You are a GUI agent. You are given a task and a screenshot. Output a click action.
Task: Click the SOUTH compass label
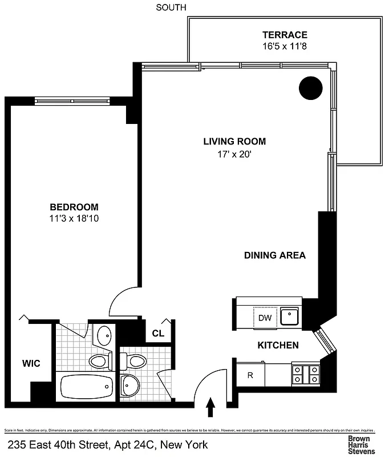coord(171,7)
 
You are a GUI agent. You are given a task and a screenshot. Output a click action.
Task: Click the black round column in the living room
coord(311,87)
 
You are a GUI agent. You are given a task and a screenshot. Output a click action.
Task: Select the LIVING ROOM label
coord(234,142)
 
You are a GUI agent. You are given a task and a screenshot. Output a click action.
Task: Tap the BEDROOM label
coord(74,207)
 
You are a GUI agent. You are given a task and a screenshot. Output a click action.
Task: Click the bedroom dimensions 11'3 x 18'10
coord(74,218)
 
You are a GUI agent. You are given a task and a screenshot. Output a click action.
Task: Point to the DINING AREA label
coord(275,255)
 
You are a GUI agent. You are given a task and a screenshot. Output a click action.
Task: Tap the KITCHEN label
coord(278,345)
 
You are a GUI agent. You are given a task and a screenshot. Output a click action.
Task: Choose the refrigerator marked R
coord(250,375)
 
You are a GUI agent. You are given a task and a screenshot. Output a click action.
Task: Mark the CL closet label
coord(158,334)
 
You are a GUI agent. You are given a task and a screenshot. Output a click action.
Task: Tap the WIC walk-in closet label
coord(31,363)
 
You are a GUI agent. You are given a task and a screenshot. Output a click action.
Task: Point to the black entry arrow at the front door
coord(210,407)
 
